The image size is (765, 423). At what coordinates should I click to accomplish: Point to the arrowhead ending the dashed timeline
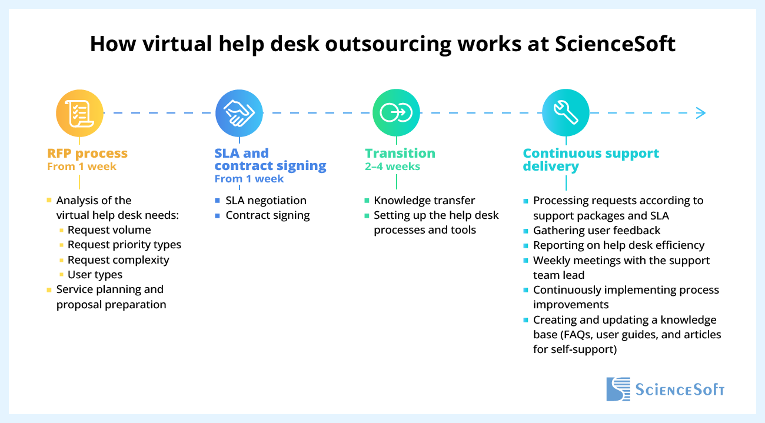[x=700, y=113]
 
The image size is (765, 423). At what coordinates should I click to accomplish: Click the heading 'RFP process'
[x=87, y=154]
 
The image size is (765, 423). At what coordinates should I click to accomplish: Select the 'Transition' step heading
[x=400, y=154]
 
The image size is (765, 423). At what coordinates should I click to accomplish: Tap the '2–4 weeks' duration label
[x=393, y=166]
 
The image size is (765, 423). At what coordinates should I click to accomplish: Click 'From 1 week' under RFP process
[x=82, y=166]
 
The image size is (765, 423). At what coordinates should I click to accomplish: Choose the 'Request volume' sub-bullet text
[x=109, y=230]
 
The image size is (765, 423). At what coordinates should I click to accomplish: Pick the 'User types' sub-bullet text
[x=95, y=275]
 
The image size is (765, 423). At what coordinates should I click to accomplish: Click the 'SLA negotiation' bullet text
[x=266, y=201]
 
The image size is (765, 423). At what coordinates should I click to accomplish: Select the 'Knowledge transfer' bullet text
[x=424, y=201]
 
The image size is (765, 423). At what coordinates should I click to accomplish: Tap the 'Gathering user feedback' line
[x=597, y=231]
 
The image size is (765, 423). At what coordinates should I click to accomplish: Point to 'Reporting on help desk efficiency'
[x=618, y=245]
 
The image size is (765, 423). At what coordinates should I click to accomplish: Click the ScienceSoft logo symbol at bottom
[x=617, y=389]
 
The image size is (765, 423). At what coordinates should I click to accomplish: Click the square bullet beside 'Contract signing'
[x=218, y=215]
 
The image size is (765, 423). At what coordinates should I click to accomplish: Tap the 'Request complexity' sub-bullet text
[x=118, y=260]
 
